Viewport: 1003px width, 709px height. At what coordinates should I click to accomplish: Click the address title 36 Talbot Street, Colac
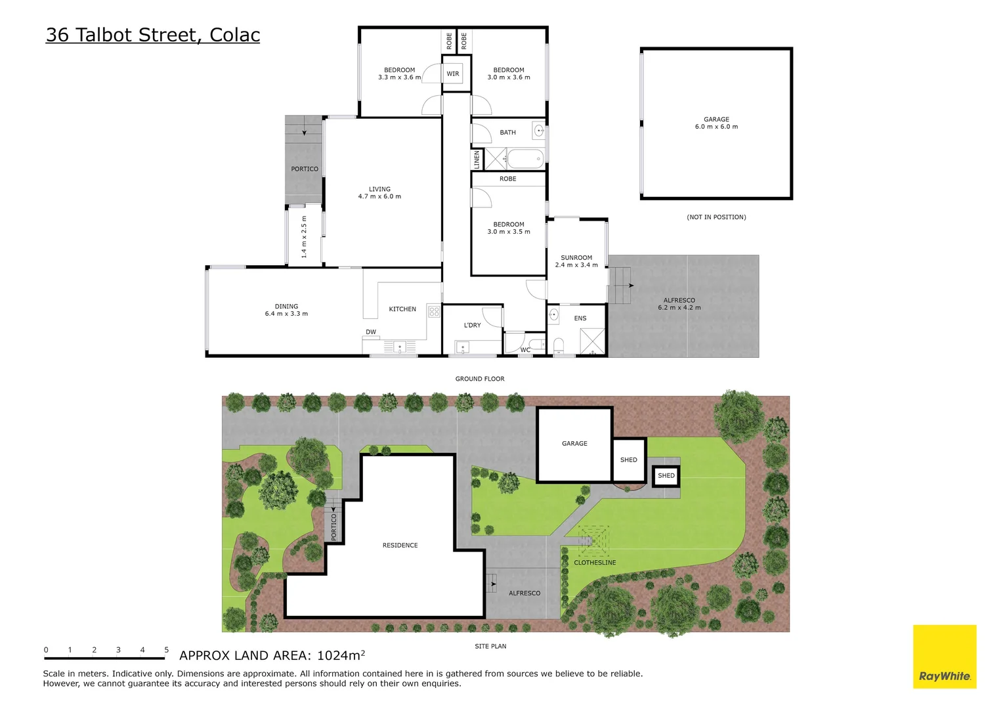pos(153,35)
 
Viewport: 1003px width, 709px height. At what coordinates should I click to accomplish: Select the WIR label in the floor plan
pos(453,74)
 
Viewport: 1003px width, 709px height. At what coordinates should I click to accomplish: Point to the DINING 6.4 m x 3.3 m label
pos(286,310)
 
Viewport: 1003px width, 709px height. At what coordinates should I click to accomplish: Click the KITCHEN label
pos(402,309)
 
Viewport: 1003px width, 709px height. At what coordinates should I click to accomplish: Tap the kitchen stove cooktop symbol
pos(434,311)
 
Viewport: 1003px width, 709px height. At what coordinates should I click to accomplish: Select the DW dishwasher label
pos(371,332)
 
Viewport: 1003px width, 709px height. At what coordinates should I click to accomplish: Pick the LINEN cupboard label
pos(477,159)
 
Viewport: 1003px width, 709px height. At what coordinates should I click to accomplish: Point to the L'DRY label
pos(472,325)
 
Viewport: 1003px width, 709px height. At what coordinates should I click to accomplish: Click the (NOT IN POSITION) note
pos(716,217)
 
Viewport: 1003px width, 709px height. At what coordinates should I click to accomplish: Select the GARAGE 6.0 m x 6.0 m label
pos(716,123)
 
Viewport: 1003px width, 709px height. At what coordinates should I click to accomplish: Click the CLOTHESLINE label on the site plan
pos(595,563)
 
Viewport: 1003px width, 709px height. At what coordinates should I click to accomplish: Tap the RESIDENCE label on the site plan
pos(400,546)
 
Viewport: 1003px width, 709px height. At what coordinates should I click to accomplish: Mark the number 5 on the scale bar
pos(166,650)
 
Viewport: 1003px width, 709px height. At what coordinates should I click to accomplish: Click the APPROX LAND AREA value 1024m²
pos(341,655)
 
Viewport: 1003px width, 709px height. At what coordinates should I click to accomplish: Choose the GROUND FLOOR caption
pos(480,379)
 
